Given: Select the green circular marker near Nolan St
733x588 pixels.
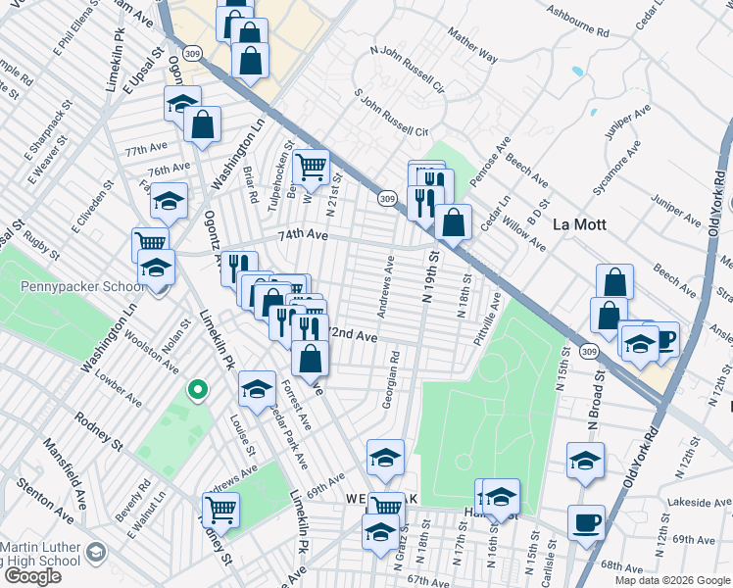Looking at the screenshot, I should (197, 390).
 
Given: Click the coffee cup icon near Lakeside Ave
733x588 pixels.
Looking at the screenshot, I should (586, 522).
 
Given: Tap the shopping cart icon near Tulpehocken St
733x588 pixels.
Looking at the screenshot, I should (311, 167).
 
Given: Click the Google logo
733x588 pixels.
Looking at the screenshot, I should (32, 575).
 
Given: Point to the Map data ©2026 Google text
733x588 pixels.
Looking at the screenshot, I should (672, 580).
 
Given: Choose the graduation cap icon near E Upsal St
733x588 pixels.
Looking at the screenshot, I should (182, 103).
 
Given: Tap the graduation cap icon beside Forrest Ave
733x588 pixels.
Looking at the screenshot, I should (257, 388).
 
